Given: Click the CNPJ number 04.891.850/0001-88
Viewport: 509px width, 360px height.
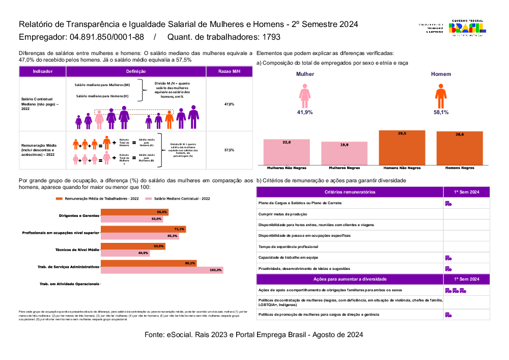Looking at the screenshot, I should [107, 37].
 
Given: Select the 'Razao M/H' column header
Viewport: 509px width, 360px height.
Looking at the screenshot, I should [229, 72].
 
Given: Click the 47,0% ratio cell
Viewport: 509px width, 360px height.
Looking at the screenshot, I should [229, 104].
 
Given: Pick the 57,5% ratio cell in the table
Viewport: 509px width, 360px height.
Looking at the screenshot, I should [229, 150].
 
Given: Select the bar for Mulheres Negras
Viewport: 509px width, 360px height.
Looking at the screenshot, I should [345, 153].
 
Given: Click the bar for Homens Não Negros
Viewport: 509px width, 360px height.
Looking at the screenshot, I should [402, 148].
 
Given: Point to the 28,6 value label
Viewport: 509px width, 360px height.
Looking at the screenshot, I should [460, 134].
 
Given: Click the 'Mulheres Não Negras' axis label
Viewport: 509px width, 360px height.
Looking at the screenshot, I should [287, 168].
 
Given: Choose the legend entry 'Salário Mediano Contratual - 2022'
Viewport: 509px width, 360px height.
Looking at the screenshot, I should [182, 199].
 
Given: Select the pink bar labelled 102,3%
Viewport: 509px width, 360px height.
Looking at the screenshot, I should [162, 270].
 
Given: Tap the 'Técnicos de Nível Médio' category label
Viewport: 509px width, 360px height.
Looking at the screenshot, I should [77, 250].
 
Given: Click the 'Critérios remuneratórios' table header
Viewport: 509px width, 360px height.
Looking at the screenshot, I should [350, 192].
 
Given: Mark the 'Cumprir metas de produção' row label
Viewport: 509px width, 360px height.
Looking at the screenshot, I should [283, 214].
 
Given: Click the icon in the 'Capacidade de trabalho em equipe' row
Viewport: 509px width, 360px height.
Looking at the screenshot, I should [448, 258].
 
